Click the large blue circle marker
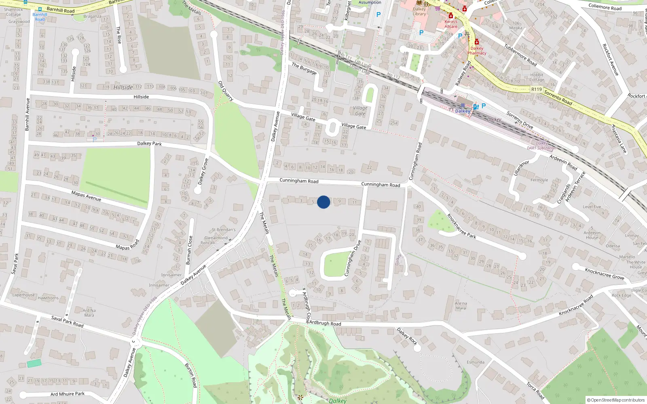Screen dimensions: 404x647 point(323,202)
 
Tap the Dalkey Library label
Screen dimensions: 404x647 point(419,11)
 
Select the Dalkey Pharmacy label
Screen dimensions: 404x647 point(477,50)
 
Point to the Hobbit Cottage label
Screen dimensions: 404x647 point(537,77)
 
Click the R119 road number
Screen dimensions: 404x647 point(537,89)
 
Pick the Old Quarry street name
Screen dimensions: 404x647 point(226,90)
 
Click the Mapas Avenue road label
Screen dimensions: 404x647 point(86,196)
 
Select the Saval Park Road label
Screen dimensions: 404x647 point(67,321)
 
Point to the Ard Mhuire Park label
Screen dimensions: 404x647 point(68,394)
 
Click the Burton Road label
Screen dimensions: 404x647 point(191,375)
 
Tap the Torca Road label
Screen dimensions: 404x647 point(535,390)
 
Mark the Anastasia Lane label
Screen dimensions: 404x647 point(619,139)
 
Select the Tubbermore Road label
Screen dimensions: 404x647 point(520,55)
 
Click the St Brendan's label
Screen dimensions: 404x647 point(224,229)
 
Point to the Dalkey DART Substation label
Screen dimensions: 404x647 point(542,146)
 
